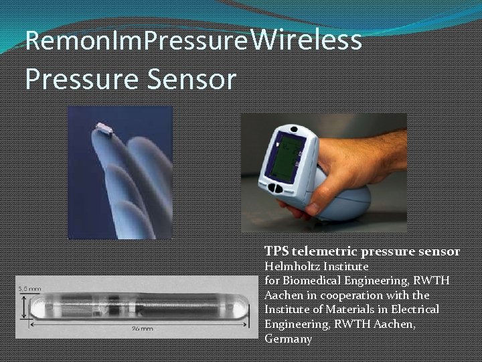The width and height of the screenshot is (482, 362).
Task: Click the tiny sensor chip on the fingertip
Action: tap(104, 128)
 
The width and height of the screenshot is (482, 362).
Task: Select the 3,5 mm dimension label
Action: tap(29, 288)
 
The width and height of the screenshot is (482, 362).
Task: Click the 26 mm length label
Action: tap(142, 329)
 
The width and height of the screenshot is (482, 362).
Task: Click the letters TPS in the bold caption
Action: tap(276, 251)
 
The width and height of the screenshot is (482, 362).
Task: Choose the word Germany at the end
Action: tap(288, 339)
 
